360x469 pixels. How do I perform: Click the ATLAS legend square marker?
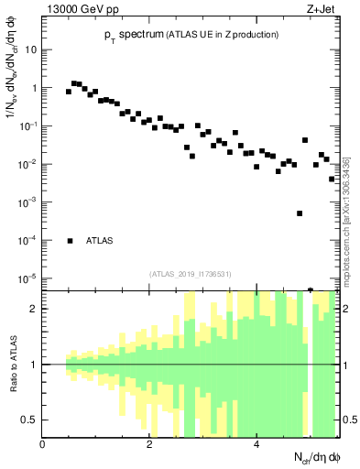pos(70,241)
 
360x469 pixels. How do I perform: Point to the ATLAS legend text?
pos(100,241)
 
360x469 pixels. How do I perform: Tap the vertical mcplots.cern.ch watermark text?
pos(345,220)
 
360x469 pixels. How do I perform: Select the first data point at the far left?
pos(69,92)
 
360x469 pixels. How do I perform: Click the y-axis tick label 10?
pos(30,49)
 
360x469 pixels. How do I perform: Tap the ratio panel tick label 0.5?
pos(30,420)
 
